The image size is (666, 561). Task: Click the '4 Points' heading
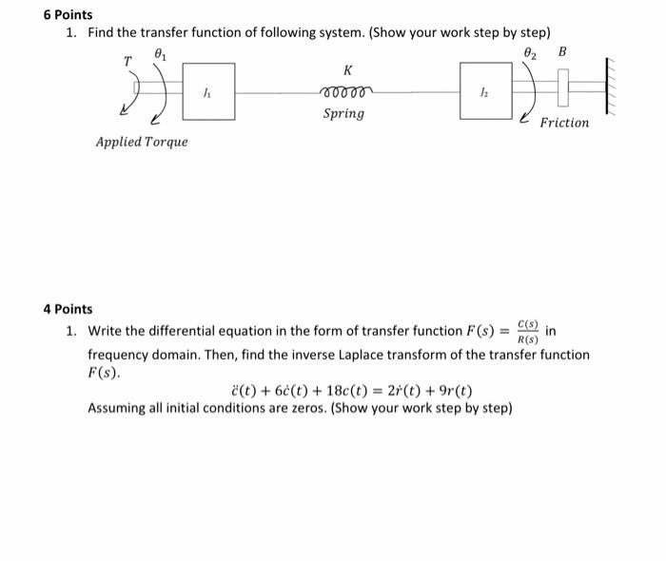tap(69, 309)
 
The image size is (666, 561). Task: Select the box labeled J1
tap(208, 92)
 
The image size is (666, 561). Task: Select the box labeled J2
tap(484, 92)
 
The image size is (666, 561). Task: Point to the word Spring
tap(343, 113)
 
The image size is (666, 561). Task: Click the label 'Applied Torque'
tap(142, 142)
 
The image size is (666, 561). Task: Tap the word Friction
tap(564, 123)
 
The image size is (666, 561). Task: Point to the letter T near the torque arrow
tap(127, 62)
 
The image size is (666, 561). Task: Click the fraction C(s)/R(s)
tap(525, 331)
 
